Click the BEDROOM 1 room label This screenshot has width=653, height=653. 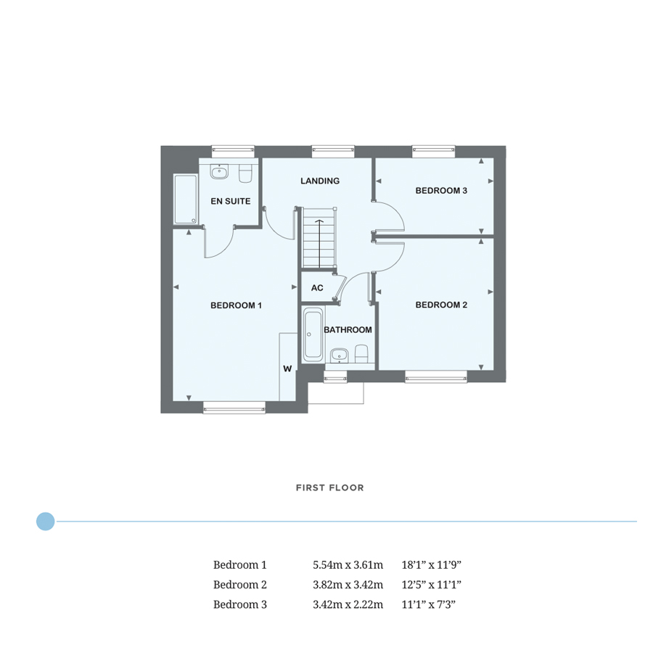(236, 305)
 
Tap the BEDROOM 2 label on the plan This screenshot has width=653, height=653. (440, 305)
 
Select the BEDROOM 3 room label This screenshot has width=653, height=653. (440, 191)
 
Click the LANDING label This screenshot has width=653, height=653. (319, 181)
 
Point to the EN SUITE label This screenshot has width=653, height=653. (231, 201)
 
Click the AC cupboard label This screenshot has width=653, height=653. (317, 288)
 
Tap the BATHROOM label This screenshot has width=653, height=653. (348, 330)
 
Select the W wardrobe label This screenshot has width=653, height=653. (287, 369)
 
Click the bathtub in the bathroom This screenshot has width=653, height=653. (313, 334)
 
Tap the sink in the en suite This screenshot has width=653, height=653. (218, 172)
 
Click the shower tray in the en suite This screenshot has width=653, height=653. (184, 200)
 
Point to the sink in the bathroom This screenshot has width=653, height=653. (338, 355)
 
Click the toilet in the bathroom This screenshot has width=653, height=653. (361, 353)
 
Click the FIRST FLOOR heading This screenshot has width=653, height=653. (329, 488)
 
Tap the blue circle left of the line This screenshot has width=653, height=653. (45, 521)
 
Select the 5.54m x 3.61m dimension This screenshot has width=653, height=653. (348, 564)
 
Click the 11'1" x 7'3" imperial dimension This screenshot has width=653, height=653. (432, 604)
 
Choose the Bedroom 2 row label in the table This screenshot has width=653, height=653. (240, 584)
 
